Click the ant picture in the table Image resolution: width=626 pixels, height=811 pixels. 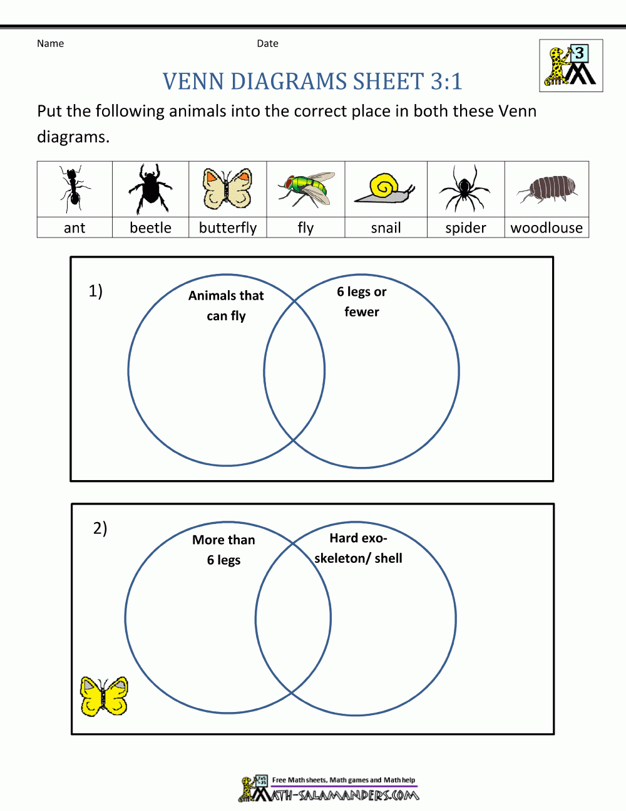[x=73, y=189]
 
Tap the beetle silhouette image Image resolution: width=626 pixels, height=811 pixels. [x=150, y=189]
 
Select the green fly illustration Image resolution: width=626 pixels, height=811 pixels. [x=306, y=189]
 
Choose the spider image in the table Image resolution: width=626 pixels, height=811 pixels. [x=464, y=189]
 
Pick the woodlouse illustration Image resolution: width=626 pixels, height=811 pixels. [x=546, y=188]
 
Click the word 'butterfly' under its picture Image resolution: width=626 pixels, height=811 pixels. [x=228, y=228]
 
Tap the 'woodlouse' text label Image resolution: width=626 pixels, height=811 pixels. [x=546, y=228]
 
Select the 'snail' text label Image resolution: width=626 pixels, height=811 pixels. [x=386, y=228]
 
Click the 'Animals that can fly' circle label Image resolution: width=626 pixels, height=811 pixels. [x=226, y=305]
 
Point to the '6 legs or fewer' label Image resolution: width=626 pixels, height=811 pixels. [x=362, y=301]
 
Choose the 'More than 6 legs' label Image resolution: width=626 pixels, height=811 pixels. [x=223, y=550]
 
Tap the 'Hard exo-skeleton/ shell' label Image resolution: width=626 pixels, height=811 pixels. [x=358, y=548]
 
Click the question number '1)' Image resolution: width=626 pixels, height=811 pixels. [x=95, y=291]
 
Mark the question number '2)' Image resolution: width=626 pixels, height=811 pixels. [x=100, y=528]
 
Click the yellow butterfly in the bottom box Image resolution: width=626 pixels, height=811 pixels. [x=104, y=696]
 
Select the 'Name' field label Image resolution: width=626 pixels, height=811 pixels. [x=50, y=43]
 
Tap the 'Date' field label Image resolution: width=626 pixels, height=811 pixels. [x=267, y=43]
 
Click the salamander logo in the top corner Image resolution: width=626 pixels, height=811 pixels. [x=571, y=66]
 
